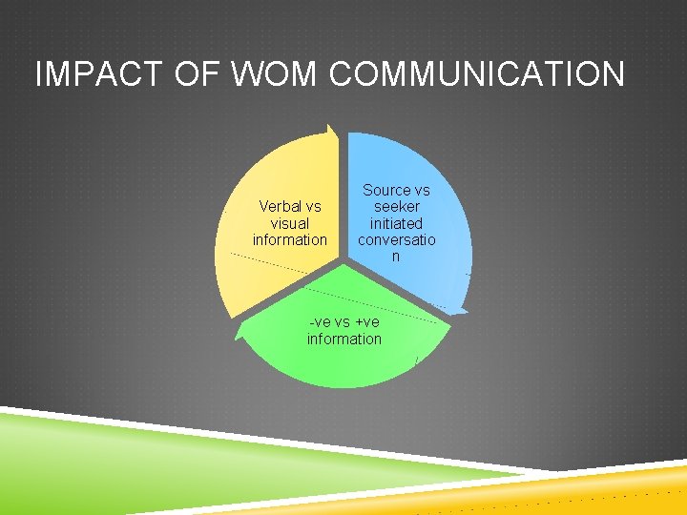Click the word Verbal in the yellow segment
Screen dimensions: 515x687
coord(280,206)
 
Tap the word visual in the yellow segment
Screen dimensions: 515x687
coord(290,223)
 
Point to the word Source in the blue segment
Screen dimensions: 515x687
coord(386,191)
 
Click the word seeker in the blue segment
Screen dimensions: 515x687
coord(396,207)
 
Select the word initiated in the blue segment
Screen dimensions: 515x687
coord(396,223)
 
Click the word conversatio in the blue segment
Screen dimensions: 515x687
coord(396,239)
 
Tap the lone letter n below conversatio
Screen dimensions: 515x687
coord(396,256)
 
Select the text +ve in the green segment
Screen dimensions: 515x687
coord(366,322)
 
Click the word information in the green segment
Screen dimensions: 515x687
coord(343,339)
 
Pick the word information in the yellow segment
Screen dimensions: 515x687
coord(290,239)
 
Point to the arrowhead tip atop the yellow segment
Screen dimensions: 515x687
coord(330,127)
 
